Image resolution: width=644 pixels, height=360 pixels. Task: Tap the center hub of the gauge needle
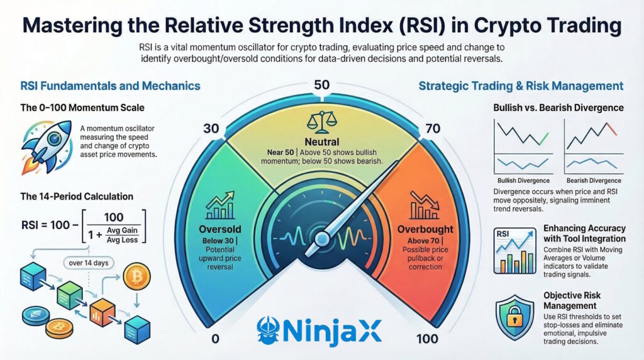tap(323, 239)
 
